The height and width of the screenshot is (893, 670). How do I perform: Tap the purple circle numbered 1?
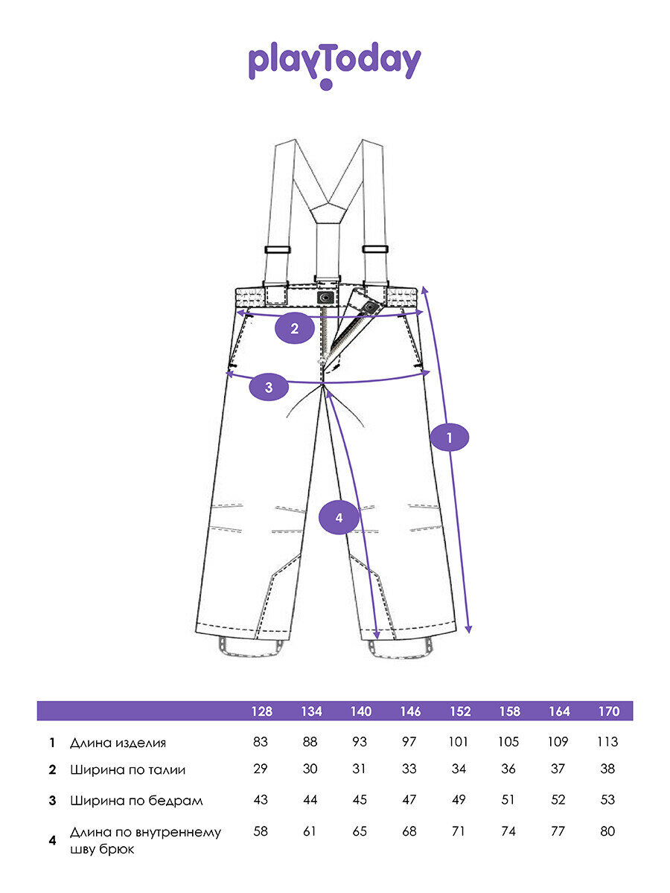pyautogui.click(x=450, y=438)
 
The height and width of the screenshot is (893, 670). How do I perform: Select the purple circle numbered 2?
pyautogui.click(x=295, y=328)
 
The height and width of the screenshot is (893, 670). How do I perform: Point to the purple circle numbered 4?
pyautogui.click(x=339, y=518)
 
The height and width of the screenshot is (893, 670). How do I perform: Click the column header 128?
pyautogui.click(x=261, y=711)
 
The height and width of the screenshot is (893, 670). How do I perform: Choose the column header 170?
pyautogui.click(x=608, y=711)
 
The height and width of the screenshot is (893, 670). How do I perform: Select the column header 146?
pyautogui.click(x=409, y=711)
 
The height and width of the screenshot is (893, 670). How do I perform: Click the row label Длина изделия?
pyautogui.click(x=118, y=743)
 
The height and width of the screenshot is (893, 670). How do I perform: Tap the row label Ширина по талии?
pyautogui.click(x=127, y=770)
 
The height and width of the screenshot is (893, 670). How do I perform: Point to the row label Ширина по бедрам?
pyautogui.click(x=136, y=801)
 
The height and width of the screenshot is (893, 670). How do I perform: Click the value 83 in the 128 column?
pyautogui.click(x=261, y=742)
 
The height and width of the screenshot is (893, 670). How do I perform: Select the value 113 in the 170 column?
pyautogui.click(x=608, y=742)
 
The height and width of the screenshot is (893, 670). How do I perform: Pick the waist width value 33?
pyautogui.click(x=409, y=770)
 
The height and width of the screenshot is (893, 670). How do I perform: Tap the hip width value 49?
pyautogui.click(x=459, y=800)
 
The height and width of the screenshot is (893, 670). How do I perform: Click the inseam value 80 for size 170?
pyautogui.click(x=608, y=831)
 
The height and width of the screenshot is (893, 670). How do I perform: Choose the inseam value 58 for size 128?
pyautogui.click(x=261, y=831)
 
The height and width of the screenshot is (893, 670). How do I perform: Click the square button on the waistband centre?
pyautogui.click(x=325, y=297)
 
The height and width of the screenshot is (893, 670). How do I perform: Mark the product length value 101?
pyautogui.click(x=459, y=742)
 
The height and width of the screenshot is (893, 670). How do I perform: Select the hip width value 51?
pyautogui.click(x=509, y=800)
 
